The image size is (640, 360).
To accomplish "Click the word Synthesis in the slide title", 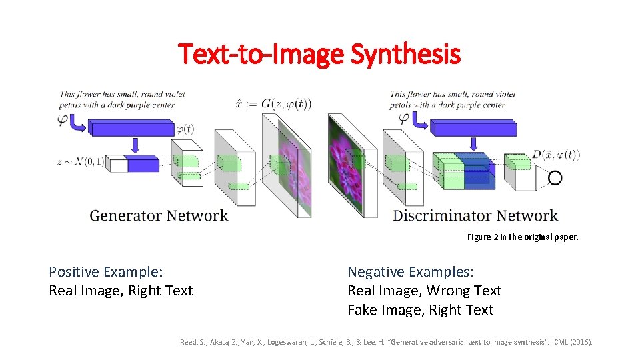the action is tap(405, 54).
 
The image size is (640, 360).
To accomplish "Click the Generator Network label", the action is tap(159, 216).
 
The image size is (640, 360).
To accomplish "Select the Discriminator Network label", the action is tap(475, 216).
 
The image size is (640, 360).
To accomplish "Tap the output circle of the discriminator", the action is tap(555, 177).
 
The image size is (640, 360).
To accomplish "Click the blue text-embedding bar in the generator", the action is tap(132, 127).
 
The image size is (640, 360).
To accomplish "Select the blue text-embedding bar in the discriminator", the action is tap(473, 127).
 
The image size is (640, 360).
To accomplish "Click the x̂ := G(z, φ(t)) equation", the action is tap(273, 104).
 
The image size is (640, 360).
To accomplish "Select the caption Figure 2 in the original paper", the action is tap(523, 237).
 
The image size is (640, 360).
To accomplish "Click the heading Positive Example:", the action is tap(107, 272).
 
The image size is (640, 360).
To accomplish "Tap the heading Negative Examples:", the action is tap(411, 272).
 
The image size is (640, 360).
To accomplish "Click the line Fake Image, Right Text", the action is tap(420, 310).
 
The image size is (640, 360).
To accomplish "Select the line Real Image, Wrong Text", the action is tap(424, 291).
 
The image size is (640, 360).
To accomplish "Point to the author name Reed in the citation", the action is tap(189, 343).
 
